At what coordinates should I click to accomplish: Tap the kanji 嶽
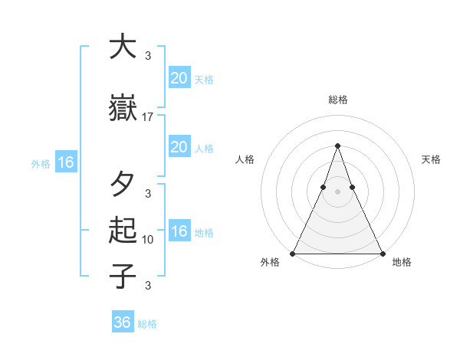123,107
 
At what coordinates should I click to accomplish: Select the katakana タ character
123,185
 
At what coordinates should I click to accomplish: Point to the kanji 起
123,231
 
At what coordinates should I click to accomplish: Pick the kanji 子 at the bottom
123,276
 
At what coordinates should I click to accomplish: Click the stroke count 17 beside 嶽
148,117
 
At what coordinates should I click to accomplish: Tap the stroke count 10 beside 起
148,240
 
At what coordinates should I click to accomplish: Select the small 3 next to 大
148,56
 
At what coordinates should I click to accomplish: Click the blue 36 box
123,322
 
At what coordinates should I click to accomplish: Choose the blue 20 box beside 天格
179,77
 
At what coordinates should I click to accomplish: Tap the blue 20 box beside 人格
179,147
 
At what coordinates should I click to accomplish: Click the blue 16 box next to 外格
65,162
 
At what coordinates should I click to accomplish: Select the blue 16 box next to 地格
179,232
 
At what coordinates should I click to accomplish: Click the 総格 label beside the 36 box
147,324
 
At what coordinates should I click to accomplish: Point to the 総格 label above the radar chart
337,100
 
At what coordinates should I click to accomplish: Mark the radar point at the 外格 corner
293,254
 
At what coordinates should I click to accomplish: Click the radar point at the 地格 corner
382,254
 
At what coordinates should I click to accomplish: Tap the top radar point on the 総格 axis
337,146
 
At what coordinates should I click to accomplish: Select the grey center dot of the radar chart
337,191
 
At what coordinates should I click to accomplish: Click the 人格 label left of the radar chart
245,159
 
